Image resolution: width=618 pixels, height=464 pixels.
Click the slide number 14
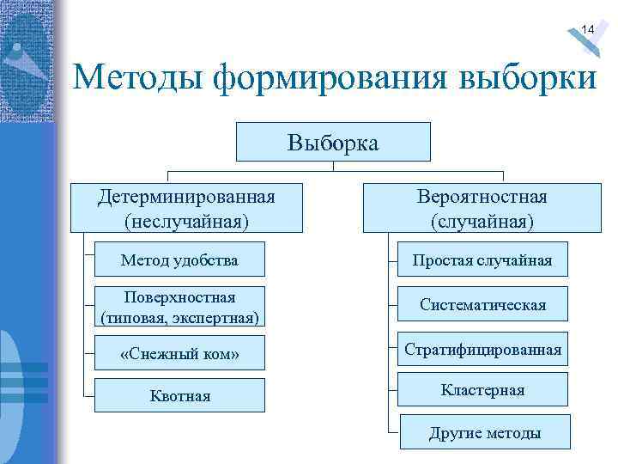pos(587,30)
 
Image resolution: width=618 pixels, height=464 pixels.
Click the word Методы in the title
pos(137,79)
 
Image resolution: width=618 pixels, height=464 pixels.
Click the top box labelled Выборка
pos(333,142)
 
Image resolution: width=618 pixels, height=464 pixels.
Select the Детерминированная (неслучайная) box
pos(186,208)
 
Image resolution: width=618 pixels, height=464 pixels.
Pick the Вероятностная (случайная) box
pos(482,208)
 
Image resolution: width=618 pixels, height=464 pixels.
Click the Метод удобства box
pos(179,259)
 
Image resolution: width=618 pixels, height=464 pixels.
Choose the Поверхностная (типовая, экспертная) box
pos(179,307)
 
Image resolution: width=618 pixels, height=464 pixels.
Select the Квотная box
pos(179,396)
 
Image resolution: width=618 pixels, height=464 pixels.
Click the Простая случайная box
pos(482,259)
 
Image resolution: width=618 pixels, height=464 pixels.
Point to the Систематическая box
pos(482,304)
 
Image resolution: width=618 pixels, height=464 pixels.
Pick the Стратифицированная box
pos(483,349)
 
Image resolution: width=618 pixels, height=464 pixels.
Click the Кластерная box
pos(482,390)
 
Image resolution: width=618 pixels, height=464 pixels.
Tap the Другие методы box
pos(485,432)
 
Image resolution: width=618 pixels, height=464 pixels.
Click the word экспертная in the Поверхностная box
pos(215,318)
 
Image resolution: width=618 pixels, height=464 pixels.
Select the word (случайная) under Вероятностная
pos(482,222)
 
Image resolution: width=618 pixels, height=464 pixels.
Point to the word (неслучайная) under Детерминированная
pos(186,222)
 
